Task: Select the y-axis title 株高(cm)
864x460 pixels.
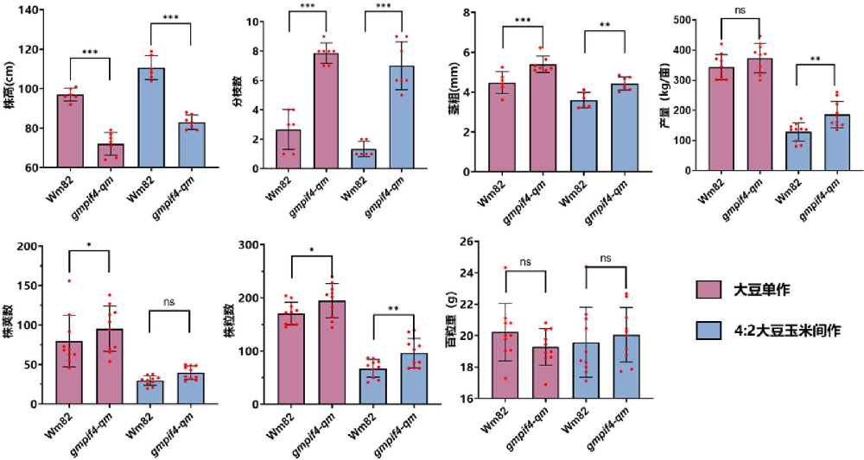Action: coord(10,91)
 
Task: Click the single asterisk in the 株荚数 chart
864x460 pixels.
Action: coord(91,245)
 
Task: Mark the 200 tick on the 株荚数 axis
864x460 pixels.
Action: coord(29,247)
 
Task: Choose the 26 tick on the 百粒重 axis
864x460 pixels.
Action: coord(474,242)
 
